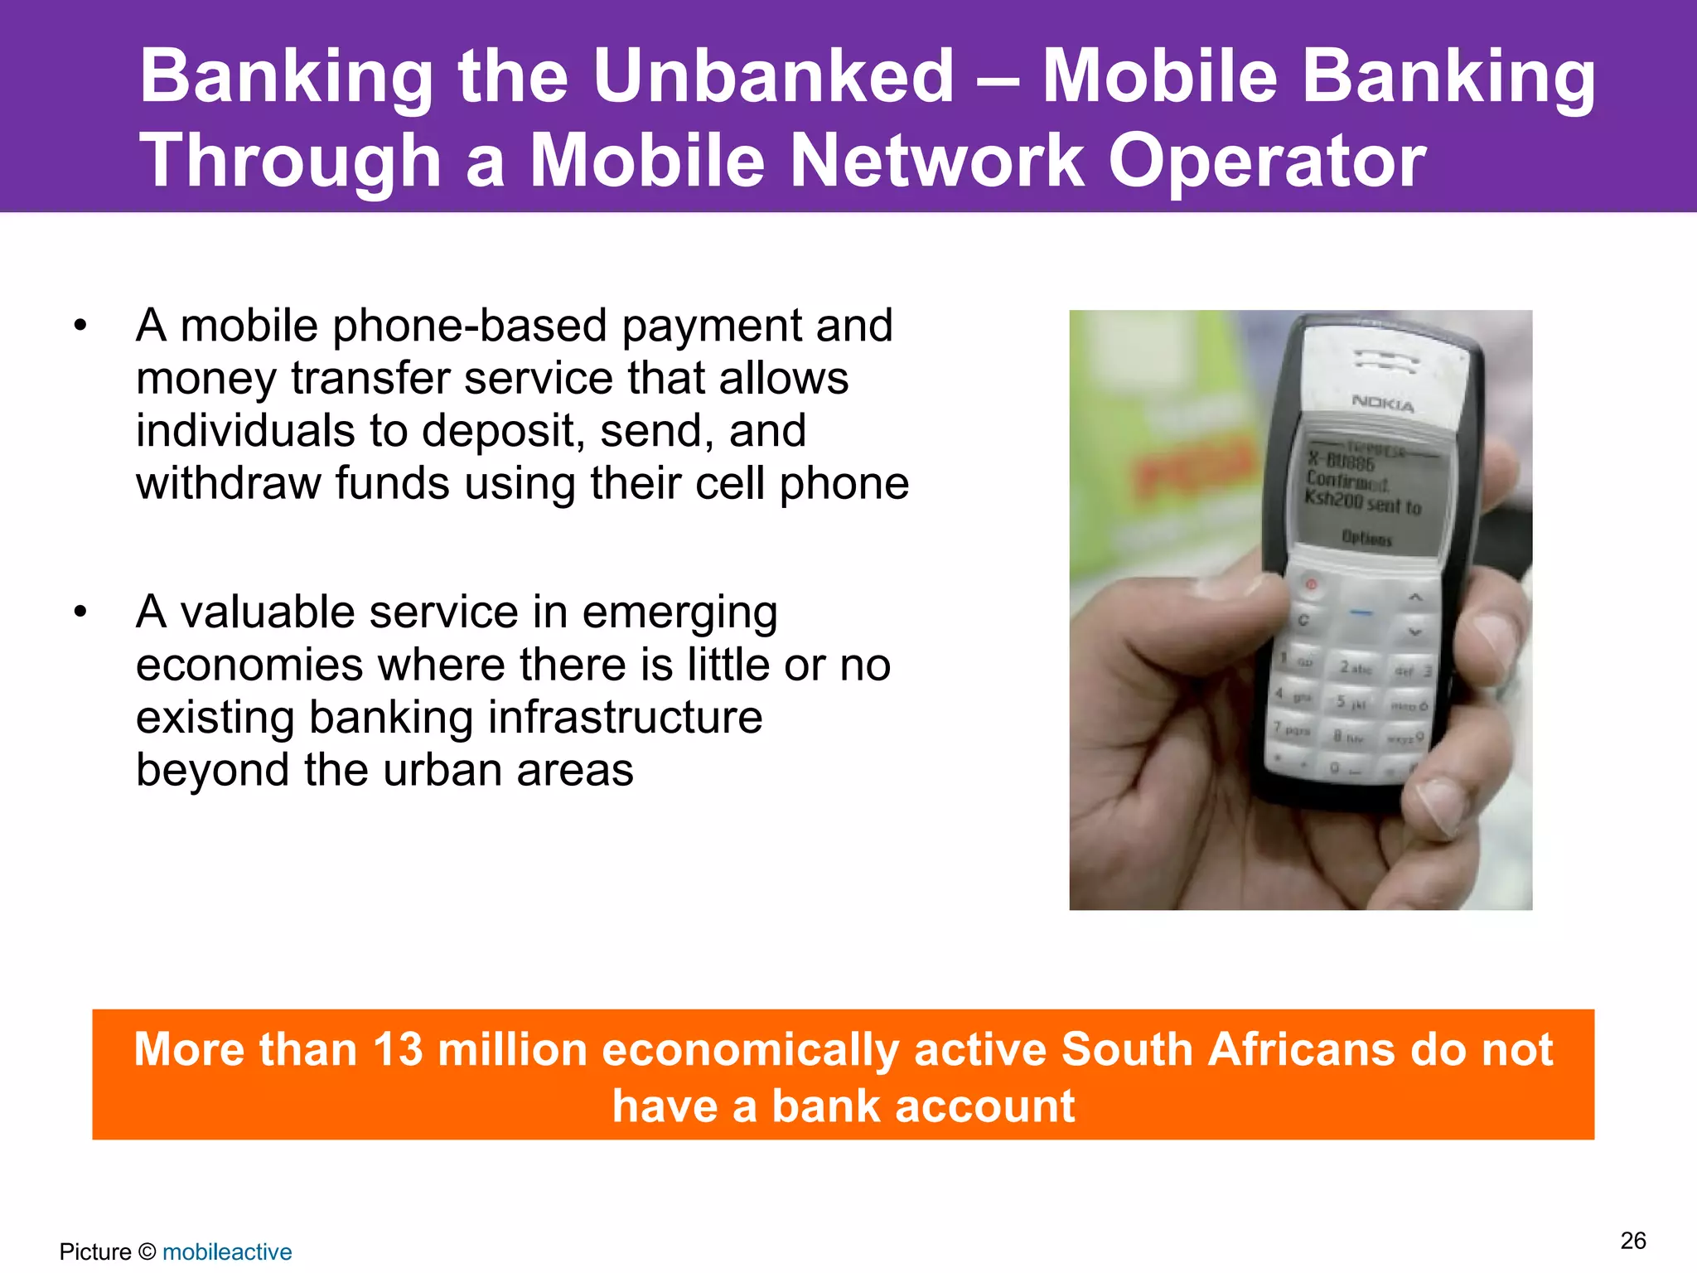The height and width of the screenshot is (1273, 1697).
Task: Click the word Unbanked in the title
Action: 774,76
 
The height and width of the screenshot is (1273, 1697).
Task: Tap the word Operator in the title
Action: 1267,161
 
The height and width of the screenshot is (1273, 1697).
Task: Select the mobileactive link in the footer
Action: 227,1251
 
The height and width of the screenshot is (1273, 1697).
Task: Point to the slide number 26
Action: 1633,1241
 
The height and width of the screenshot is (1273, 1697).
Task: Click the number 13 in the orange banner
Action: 398,1049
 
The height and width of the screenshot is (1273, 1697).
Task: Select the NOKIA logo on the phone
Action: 1383,404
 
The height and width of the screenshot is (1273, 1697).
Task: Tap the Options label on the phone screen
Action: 1366,539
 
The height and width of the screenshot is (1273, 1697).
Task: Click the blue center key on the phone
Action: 1361,613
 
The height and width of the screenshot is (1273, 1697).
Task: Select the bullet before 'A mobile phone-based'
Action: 80,326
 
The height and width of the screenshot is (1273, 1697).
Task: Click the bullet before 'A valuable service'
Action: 80,612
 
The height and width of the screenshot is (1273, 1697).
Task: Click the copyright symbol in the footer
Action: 147,1251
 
